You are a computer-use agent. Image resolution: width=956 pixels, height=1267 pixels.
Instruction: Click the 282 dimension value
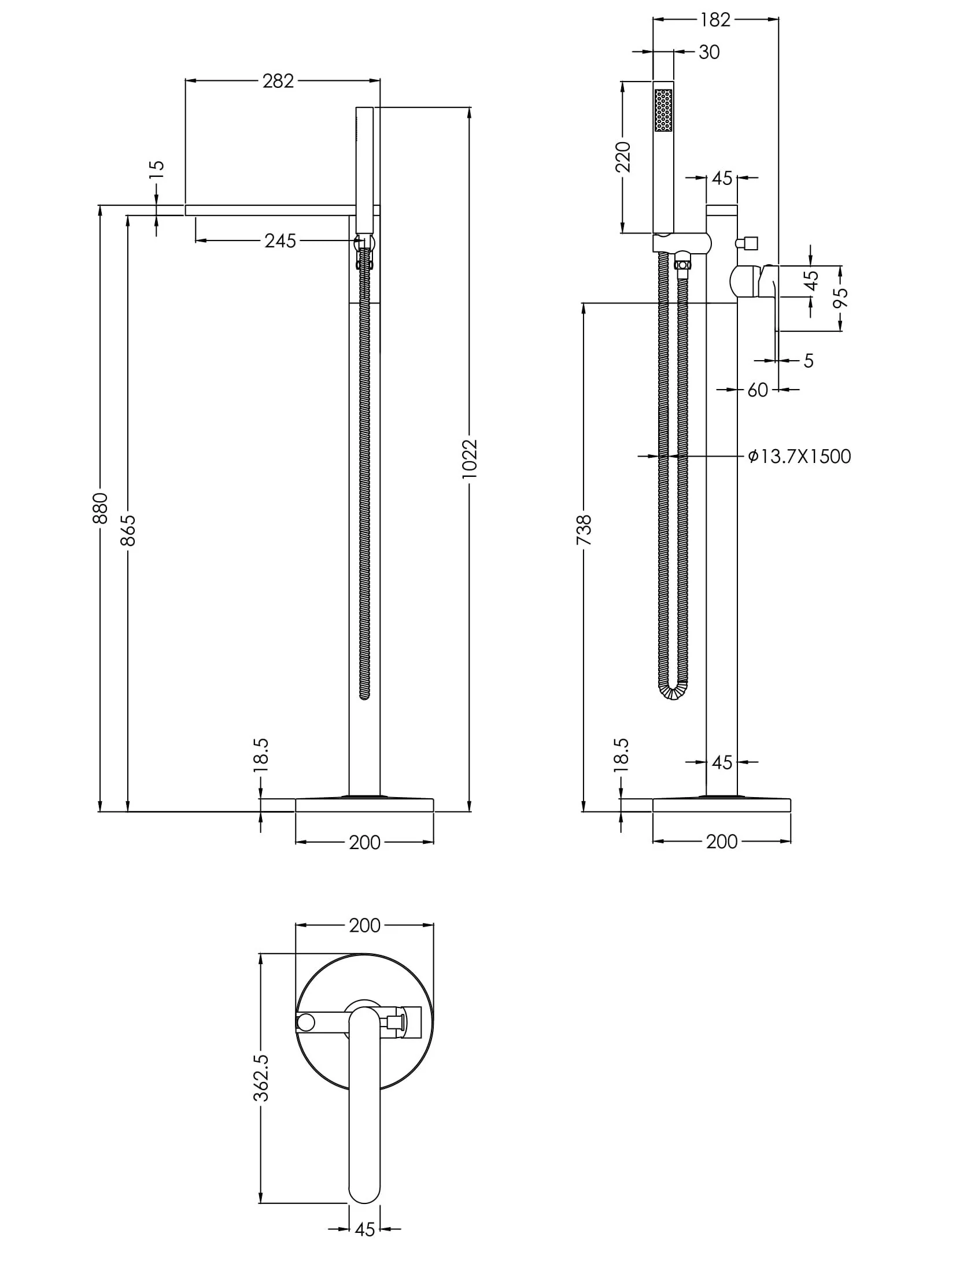coord(278,81)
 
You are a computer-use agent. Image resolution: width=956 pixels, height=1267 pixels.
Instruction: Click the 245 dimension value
coord(280,240)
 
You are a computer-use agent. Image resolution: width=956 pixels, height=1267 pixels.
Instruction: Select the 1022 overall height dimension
coord(470,458)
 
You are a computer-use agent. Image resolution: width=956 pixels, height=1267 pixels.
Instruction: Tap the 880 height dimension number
coord(100,507)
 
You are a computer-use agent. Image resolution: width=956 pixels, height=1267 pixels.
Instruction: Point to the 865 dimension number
coord(128,530)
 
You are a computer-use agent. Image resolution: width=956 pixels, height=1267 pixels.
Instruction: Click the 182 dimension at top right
coord(715,20)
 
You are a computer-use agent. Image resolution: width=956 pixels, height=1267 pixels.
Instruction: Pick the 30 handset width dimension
coord(708,53)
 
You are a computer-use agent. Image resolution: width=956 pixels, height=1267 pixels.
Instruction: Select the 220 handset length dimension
coord(623,157)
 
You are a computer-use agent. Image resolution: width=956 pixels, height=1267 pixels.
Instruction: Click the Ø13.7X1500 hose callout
coord(799,457)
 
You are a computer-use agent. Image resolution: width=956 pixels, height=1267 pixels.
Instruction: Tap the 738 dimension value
coord(584,529)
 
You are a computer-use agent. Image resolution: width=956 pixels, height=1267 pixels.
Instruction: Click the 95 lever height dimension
coord(841,298)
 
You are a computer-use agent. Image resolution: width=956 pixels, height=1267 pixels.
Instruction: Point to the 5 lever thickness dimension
coord(808,361)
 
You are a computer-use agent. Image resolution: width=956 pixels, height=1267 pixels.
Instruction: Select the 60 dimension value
coord(757,390)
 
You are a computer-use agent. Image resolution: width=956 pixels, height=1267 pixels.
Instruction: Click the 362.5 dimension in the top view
coord(261,1077)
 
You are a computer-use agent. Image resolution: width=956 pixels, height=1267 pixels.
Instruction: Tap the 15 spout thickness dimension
coord(157,169)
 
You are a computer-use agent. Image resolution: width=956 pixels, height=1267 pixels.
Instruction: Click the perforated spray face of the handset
coord(663,110)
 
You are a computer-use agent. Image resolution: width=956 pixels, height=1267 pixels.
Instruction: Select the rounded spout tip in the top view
coord(364,1192)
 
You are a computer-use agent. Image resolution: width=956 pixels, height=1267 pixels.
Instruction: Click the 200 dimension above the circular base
coord(364,925)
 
